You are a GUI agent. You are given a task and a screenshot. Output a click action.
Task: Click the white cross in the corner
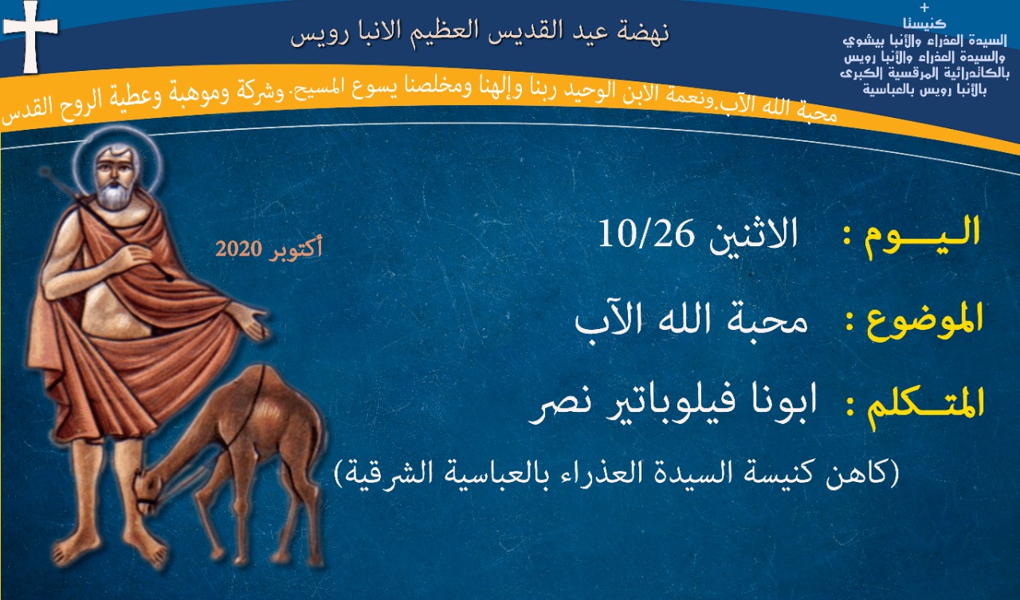pyautogui.click(x=30, y=37)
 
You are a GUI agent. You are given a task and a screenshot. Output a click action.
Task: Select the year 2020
pyautogui.click(x=238, y=249)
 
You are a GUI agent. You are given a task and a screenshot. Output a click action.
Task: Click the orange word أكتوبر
pyautogui.click(x=295, y=249)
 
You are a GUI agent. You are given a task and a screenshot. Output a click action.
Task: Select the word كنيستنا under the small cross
pyautogui.click(x=924, y=24)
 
